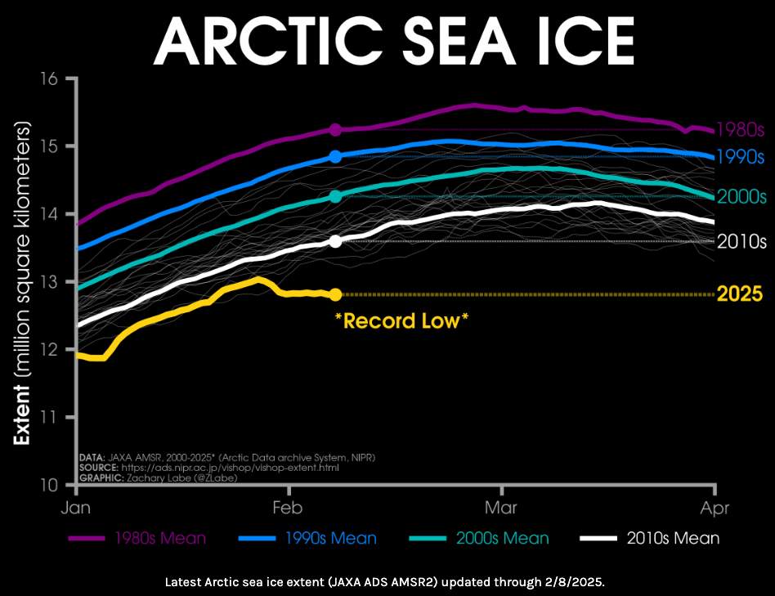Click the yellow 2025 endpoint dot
click(x=335, y=294)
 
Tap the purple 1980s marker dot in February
click(x=335, y=130)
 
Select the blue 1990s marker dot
click(x=335, y=156)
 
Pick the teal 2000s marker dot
click(x=335, y=196)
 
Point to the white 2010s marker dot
click(x=335, y=241)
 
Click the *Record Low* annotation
click(x=401, y=320)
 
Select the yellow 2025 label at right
click(x=739, y=294)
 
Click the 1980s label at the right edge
click(x=740, y=130)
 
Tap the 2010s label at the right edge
click(x=741, y=241)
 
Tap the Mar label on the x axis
click(x=501, y=508)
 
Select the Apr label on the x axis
click(x=715, y=508)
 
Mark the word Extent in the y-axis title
click(x=22, y=417)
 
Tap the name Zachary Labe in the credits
click(x=160, y=477)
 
